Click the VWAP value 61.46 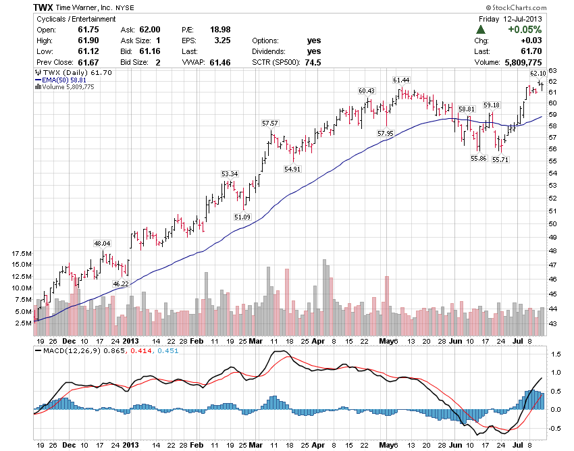[220, 62]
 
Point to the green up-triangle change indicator [480, 30]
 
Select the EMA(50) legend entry [63, 80]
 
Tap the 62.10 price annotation [538, 73]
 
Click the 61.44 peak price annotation [402, 80]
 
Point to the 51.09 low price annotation [242, 217]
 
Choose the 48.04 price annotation [102, 243]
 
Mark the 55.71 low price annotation [500, 160]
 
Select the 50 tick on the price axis [552, 223]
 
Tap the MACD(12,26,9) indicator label [64, 352]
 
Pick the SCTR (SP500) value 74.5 [312, 62]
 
